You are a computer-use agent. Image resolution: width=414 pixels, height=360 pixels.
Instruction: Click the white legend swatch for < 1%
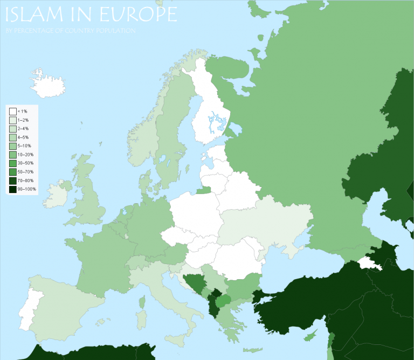pos(12,111)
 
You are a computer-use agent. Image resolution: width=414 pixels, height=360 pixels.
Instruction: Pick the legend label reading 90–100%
pos(27,189)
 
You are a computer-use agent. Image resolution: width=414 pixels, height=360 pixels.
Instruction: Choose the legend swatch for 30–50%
pos(12,163)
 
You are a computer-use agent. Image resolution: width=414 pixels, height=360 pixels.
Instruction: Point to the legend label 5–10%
pos(24,146)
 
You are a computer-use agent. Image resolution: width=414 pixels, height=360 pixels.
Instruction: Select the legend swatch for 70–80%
pos(12,181)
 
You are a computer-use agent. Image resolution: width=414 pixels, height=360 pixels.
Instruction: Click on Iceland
pos(48,84)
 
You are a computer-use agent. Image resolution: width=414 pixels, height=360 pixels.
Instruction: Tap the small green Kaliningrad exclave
pos(204,190)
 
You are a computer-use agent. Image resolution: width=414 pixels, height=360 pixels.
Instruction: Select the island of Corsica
pos(142,302)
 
